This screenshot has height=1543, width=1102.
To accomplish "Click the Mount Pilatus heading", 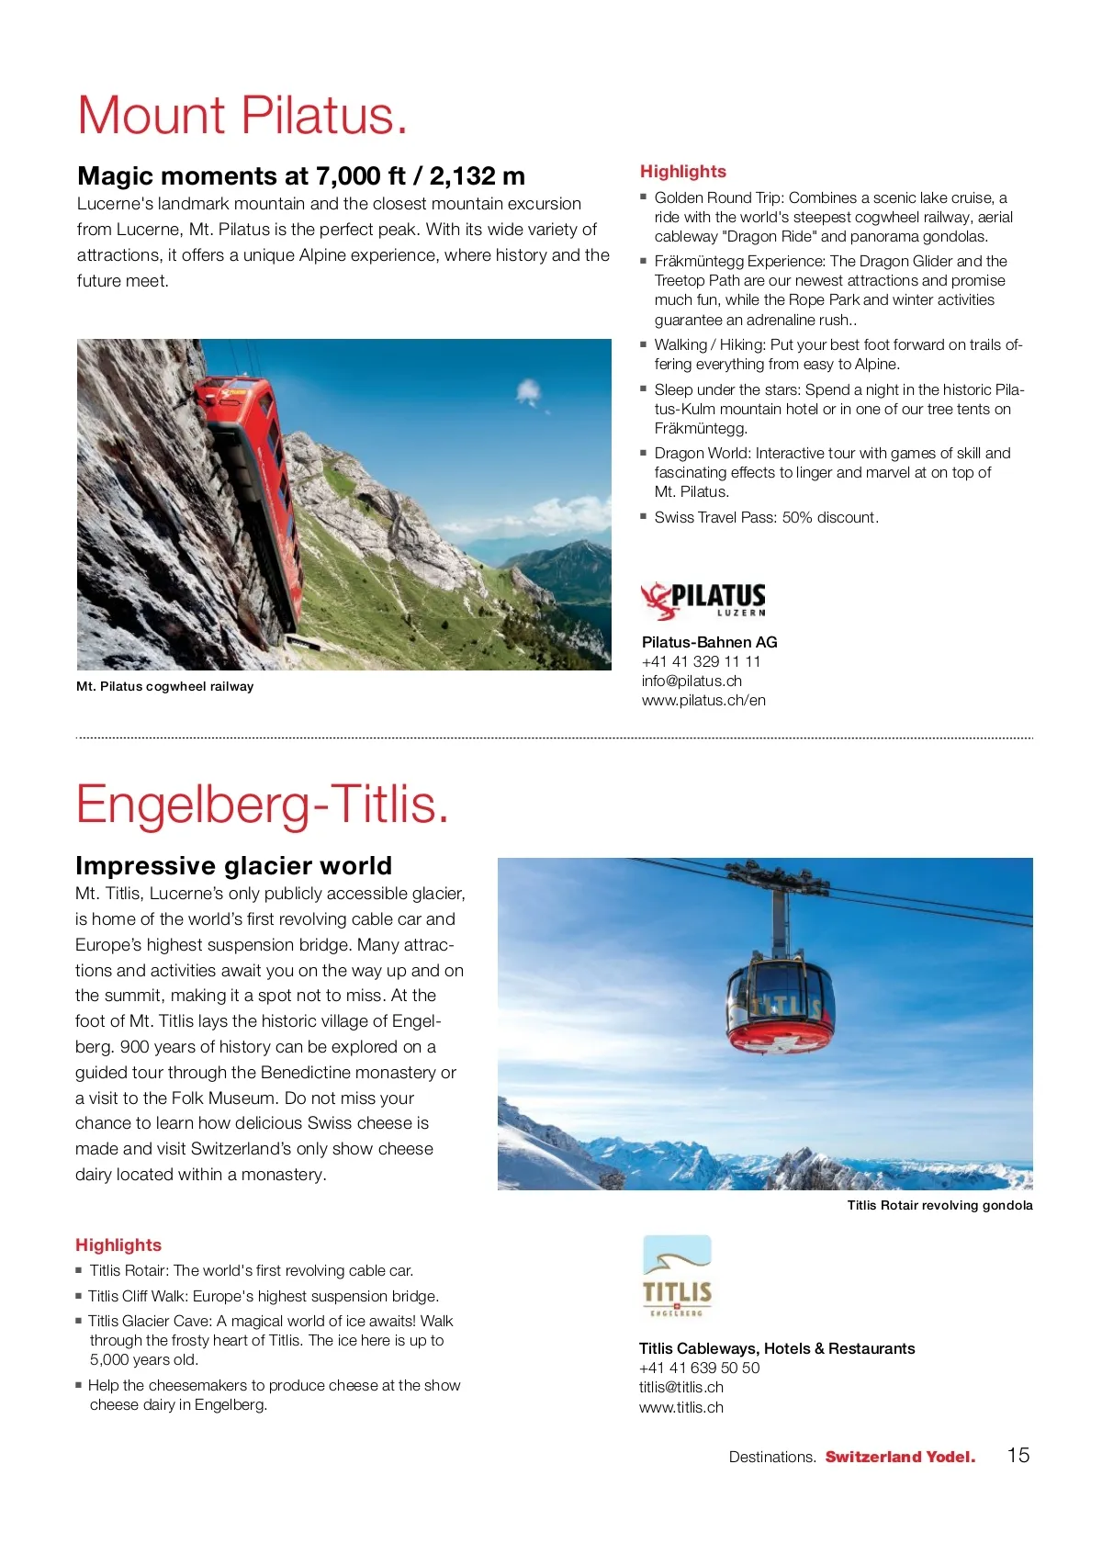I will point(242,116).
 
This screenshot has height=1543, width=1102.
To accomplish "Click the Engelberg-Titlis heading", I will point(263,805).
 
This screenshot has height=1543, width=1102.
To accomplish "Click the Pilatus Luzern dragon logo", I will point(703,600).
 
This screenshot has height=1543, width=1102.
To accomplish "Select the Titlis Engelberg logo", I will point(677,1278).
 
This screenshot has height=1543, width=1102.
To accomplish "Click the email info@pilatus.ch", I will point(692,681).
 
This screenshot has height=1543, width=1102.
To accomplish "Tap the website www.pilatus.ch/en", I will point(703,700).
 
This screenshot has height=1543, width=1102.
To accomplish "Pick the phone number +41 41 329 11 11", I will point(701,661).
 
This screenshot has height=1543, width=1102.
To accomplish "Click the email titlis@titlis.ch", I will point(681,1387).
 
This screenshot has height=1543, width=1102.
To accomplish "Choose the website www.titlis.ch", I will point(681,1407).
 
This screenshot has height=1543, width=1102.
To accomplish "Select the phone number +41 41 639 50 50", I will point(700,1368).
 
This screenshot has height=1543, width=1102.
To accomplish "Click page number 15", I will point(1018,1455).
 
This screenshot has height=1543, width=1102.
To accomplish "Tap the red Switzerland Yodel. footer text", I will point(900,1457).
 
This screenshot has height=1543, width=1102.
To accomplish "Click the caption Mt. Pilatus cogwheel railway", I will point(165,686).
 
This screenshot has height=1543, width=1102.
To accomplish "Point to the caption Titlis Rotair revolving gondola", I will point(939,1205).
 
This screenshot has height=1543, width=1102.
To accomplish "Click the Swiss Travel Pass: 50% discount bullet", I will point(766,517).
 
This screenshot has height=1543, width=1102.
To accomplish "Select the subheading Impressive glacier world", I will point(233,865).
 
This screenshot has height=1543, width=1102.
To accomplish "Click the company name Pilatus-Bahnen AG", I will point(710,642).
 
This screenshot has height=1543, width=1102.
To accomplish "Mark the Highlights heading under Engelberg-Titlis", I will point(118,1245).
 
